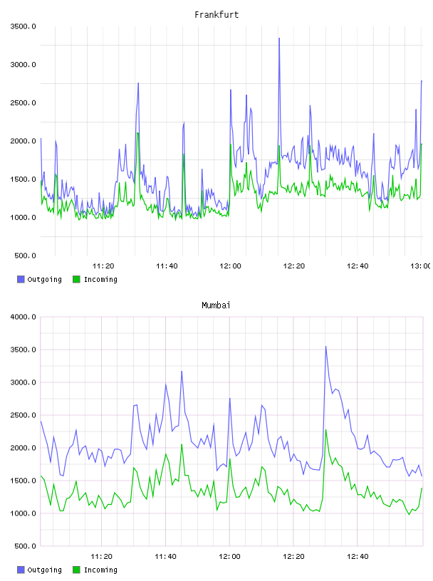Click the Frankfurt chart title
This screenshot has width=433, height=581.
216,15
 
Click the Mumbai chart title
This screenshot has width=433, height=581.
216,305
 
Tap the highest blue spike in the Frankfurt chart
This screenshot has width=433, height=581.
279,38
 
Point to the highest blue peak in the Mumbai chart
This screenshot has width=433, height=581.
326,347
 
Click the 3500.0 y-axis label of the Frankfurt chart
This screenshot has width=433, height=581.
23,26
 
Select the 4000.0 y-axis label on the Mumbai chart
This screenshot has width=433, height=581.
23,317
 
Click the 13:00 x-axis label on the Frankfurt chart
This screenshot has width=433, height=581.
420,266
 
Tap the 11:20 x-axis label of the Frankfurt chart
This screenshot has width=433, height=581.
103,266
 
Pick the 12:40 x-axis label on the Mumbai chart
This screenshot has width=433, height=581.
358,556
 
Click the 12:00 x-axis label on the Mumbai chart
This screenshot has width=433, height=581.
229,556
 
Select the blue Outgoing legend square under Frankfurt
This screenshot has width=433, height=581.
21,279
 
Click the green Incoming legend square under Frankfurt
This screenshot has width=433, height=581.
76,279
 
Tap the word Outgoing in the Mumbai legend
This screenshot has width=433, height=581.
44,570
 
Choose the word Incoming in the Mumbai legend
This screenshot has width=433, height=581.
100,570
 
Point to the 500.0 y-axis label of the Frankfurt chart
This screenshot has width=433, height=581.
25,256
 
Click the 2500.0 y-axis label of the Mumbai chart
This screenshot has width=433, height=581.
23,415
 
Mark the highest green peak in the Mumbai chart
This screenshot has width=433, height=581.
326,430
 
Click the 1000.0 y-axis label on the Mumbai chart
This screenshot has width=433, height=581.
23,513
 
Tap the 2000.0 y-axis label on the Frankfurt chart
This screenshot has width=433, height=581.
23,141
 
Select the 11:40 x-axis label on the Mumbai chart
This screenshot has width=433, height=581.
165,556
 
